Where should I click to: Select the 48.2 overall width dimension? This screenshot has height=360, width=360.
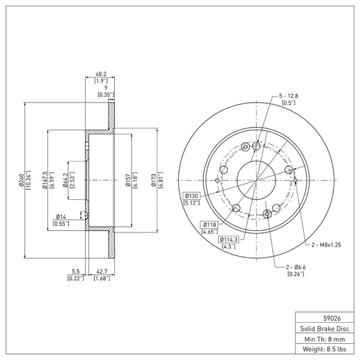click(101, 74)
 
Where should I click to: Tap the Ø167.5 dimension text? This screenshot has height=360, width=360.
click(45, 180)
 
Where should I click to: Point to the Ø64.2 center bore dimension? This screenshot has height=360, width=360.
click(66, 180)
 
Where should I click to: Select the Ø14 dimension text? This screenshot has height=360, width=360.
click(61, 217)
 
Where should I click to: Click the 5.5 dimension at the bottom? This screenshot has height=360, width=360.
click(76, 272)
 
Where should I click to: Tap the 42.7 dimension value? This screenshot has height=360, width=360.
click(102, 272)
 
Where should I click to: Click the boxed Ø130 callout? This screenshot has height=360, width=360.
click(191, 196)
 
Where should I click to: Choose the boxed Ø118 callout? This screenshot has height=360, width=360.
click(209, 224)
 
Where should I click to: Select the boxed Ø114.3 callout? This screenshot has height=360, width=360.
click(229, 240)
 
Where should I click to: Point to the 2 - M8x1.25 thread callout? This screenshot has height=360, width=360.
click(326, 245)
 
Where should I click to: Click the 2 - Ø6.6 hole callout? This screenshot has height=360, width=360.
click(296, 267)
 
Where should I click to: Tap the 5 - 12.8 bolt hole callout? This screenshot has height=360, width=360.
click(288, 96)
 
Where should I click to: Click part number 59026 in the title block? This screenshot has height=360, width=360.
click(332, 318)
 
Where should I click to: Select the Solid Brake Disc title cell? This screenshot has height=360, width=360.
click(325, 328)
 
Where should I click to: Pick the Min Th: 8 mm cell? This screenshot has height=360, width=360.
click(325, 339)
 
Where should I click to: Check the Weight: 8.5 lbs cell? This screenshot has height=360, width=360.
click(325, 349)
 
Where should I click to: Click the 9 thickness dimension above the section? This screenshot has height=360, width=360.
click(106, 88)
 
